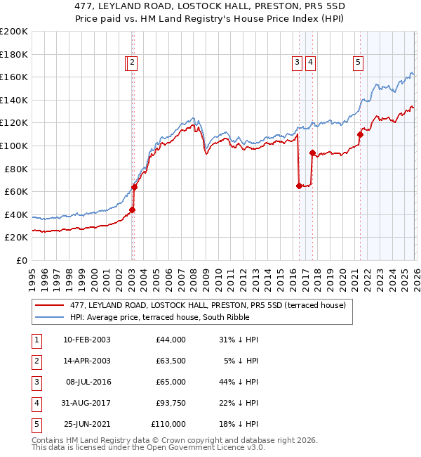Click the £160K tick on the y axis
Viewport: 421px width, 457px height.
pos(14,77)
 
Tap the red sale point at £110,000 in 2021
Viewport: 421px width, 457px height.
pos(360,134)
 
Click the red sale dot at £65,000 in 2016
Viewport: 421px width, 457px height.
pos(299,186)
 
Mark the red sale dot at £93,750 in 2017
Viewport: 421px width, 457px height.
pos(312,153)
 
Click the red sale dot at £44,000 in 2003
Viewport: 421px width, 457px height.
pos(132,210)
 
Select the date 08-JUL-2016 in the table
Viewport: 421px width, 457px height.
pos(87,382)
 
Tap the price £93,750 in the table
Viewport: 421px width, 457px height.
pos(168,403)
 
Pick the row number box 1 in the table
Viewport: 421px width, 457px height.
pos(36,340)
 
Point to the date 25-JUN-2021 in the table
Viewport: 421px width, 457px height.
pos(87,424)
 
